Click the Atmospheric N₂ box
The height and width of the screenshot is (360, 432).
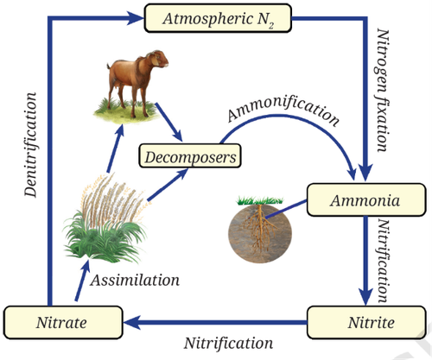[x=218, y=18]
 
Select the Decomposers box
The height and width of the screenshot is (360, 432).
[x=190, y=155]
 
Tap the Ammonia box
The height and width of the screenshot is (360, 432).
[x=366, y=199]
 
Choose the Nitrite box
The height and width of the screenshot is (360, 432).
[x=366, y=322]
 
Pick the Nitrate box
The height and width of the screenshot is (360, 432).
[x=63, y=322]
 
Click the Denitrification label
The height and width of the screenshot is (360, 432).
[x=30, y=145]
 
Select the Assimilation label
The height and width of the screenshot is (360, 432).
[x=135, y=280]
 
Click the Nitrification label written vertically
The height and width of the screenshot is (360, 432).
[x=383, y=261]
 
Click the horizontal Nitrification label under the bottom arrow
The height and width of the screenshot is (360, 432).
[x=228, y=343]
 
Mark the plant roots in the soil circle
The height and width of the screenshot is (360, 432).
[x=260, y=227]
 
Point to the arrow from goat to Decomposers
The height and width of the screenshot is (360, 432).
[x=169, y=122]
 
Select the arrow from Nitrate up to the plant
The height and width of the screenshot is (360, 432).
[x=83, y=280]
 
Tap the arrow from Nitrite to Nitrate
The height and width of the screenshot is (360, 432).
[x=215, y=322]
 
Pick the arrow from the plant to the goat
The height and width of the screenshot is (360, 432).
[x=116, y=148]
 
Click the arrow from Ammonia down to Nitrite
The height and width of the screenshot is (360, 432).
[x=365, y=261]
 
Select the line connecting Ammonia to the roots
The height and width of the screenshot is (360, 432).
[x=286, y=209]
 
